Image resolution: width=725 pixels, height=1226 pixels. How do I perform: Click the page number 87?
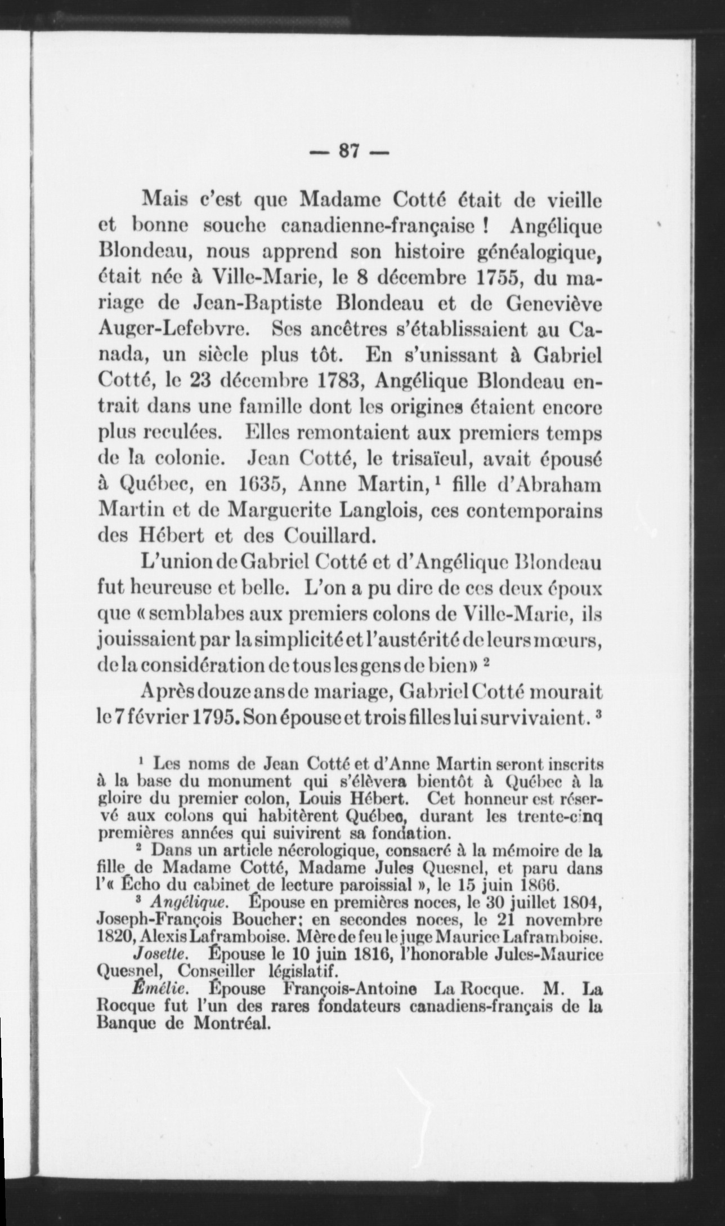click(x=349, y=153)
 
